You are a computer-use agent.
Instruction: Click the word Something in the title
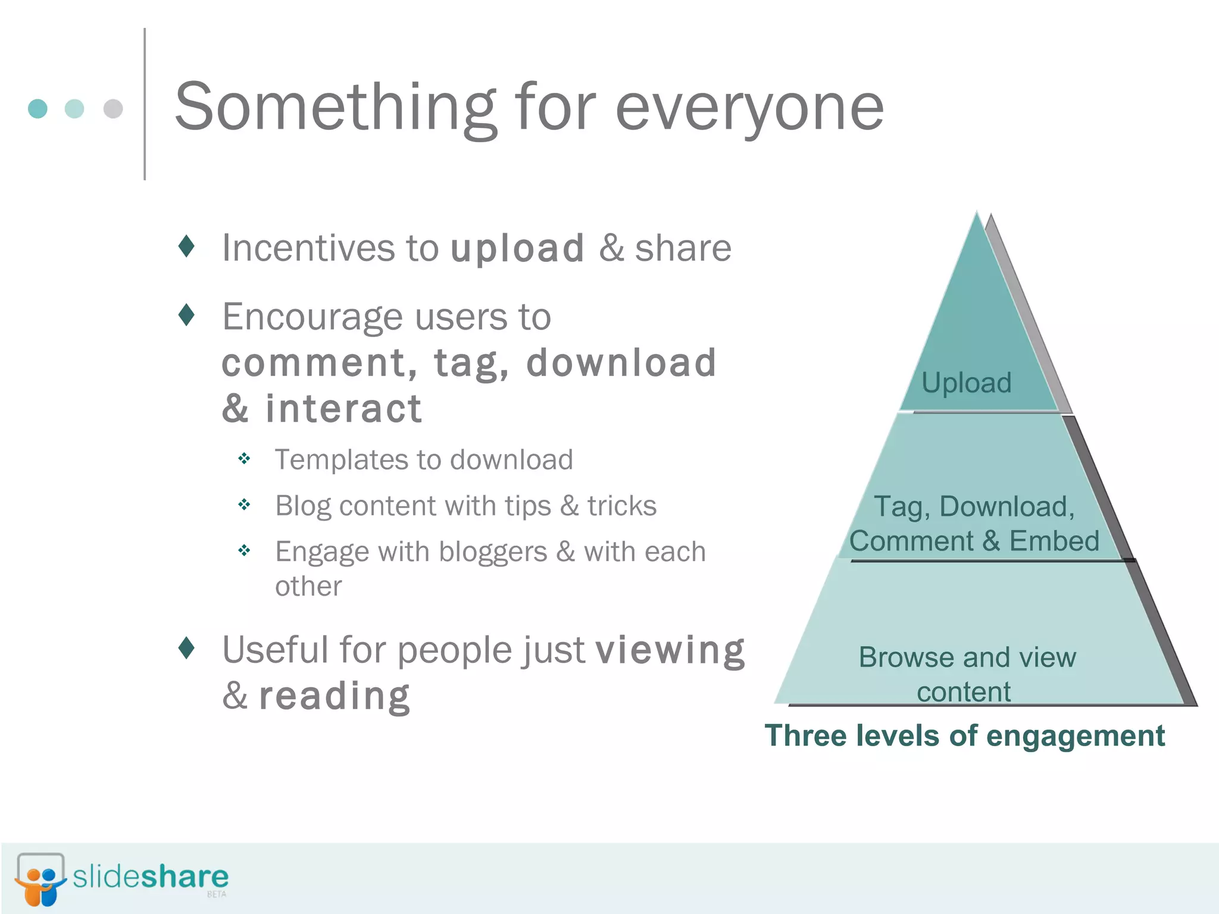335,108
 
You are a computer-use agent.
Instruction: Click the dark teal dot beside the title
37,108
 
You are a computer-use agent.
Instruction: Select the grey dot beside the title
113,108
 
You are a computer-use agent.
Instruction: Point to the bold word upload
517,248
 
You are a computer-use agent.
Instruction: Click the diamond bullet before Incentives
186,246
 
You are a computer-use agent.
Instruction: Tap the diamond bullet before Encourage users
186,314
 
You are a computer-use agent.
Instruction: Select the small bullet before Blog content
244,505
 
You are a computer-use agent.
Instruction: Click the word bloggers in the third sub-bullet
492,552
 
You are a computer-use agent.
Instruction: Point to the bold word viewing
670,650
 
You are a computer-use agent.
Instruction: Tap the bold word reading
335,696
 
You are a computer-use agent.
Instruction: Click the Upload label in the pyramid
966,383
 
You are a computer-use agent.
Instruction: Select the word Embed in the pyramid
1054,541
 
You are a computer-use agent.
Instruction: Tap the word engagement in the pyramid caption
1075,735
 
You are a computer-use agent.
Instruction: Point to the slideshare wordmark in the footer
151,877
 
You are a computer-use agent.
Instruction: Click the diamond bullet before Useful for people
186,647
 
